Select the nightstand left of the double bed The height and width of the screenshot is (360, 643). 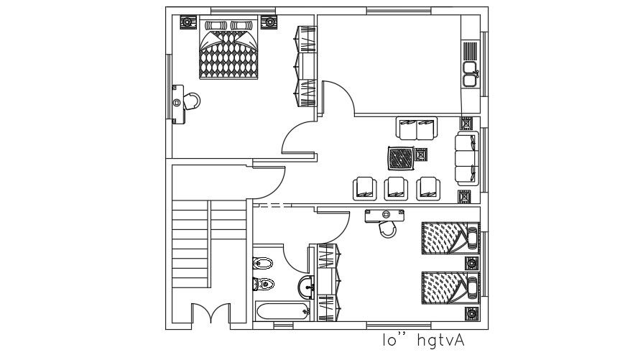pos(186,22)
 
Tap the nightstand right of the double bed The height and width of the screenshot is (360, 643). pos(270,22)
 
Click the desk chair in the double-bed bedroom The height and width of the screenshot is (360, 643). pos(192,100)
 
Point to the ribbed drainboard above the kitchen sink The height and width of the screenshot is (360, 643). pos(471,52)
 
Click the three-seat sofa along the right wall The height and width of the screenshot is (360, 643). pos(466,158)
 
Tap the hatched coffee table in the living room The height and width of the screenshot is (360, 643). pos(400,157)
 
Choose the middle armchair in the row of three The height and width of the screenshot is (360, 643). pos(397,188)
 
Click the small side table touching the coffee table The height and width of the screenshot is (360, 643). pos(422,154)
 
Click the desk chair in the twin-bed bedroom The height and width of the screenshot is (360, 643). pos(388,228)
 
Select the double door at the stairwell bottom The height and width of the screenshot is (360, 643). pos(211,315)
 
